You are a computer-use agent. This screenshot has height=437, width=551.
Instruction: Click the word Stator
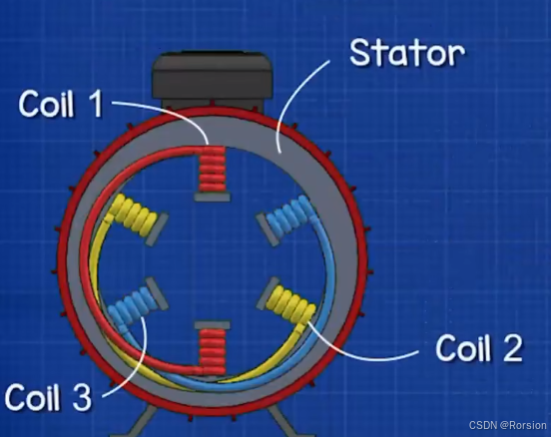click(407, 53)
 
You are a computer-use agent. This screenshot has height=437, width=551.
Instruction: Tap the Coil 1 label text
click(61, 103)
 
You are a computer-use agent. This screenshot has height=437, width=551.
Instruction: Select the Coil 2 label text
click(479, 347)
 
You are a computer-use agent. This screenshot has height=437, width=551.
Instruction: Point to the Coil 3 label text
click(48, 397)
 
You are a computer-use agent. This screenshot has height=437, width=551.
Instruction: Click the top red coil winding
click(212, 169)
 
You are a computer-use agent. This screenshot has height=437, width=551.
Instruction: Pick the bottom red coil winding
click(212, 351)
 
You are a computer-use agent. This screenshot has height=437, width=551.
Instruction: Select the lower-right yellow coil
click(291, 304)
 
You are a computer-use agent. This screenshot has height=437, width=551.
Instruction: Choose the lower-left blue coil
click(133, 305)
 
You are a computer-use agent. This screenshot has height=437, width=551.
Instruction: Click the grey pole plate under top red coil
click(212, 198)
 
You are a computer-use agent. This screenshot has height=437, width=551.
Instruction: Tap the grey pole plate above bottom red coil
click(212, 324)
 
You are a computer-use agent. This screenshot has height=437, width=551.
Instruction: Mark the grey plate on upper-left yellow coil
click(157, 229)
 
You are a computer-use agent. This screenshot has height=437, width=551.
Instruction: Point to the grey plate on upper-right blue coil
click(268, 229)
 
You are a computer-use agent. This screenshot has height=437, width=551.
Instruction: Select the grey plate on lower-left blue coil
click(157, 293)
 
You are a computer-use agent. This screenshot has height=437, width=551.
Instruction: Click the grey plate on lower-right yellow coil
click(268, 293)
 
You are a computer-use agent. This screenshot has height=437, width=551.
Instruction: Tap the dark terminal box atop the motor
click(213, 79)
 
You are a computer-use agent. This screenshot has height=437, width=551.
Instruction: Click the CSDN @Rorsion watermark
click(508, 425)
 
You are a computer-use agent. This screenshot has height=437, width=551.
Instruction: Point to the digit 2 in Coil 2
click(513, 347)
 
